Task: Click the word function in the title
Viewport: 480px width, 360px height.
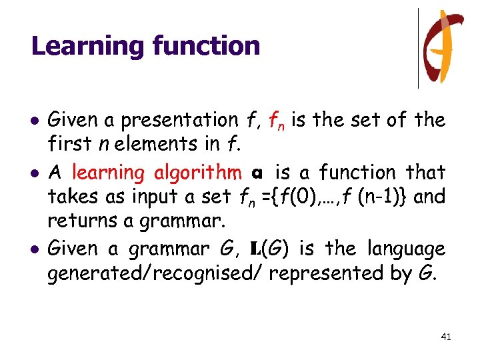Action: coord(206,45)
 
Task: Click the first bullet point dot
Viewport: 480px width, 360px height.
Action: coord(35,121)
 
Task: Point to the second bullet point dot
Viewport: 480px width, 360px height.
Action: coord(35,173)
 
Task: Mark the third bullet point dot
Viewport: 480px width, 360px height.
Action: coord(35,250)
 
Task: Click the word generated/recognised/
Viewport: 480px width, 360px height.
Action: coord(156,273)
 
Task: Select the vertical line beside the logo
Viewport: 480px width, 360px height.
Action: coord(419,48)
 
